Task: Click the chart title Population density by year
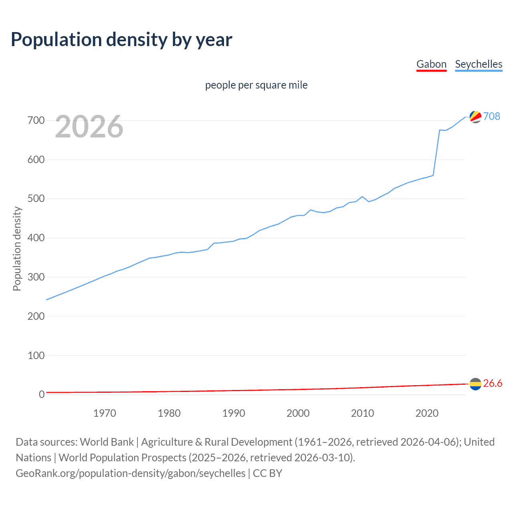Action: coord(121,40)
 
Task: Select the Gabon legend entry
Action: coord(431,64)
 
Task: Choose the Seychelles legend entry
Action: coord(479,64)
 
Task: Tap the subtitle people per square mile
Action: coord(256,85)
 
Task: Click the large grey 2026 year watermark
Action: coord(89,127)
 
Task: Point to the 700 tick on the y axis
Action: coord(36,120)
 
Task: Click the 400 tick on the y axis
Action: coord(36,238)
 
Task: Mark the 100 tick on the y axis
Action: coord(36,355)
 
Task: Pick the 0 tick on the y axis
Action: coord(42,394)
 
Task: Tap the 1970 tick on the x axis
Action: coord(105,413)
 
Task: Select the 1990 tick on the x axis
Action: coord(234,413)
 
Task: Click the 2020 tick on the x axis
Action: coord(427,413)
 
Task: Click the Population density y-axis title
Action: coord(17,248)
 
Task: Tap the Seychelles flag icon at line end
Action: coord(475,117)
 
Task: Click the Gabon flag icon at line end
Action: coord(475,384)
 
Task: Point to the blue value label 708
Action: coord(492,116)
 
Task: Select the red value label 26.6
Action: coord(493,384)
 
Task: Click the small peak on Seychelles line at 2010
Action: coord(362,196)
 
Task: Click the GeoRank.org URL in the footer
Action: coord(130,473)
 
